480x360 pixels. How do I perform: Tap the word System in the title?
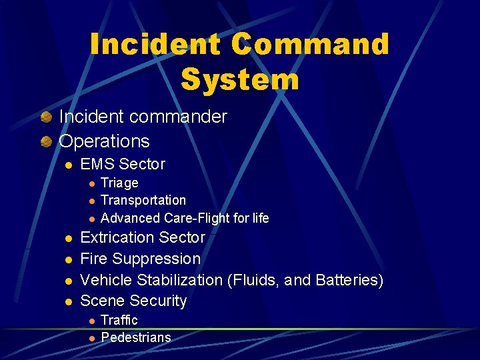click(x=240, y=79)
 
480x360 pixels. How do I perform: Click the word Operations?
click(x=105, y=141)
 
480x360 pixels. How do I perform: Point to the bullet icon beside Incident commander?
click(x=45, y=117)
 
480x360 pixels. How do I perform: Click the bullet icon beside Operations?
click(x=45, y=142)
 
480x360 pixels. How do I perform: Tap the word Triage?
click(x=119, y=183)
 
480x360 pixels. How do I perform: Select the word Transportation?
click(x=143, y=200)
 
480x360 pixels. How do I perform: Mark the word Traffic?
click(x=119, y=320)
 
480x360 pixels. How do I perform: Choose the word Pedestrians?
click(x=136, y=337)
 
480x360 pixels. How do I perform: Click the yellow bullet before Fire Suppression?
click(x=68, y=259)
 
